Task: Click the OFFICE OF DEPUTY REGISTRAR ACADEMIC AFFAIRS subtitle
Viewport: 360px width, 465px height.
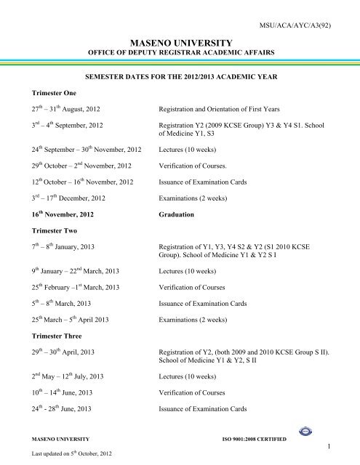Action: (179, 54)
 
